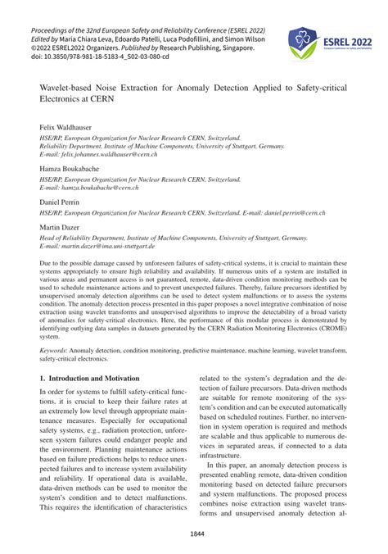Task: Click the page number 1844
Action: (193, 533)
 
